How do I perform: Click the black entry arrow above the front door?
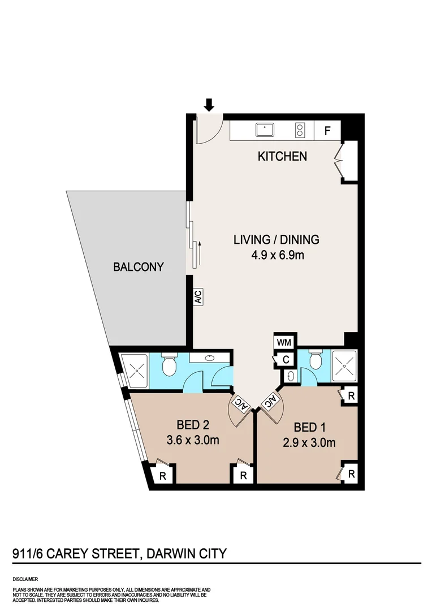pyautogui.click(x=209, y=105)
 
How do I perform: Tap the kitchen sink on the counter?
pyautogui.click(x=265, y=130)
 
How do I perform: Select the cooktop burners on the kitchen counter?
pyautogui.click(x=300, y=131)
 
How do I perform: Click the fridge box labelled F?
pyautogui.click(x=327, y=131)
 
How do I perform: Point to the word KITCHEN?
pyautogui.click(x=282, y=156)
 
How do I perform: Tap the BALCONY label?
pyautogui.click(x=139, y=266)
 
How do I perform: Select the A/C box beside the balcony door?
pyautogui.click(x=198, y=298)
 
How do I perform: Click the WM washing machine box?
pyautogui.click(x=283, y=342)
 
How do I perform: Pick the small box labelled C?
pyautogui.click(x=286, y=359)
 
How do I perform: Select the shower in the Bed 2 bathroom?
pyautogui.click(x=136, y=371)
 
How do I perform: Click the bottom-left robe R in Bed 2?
pyautogui.click(x=163, y=475)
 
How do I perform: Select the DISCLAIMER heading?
pyautogui.click(x=25, y=579)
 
